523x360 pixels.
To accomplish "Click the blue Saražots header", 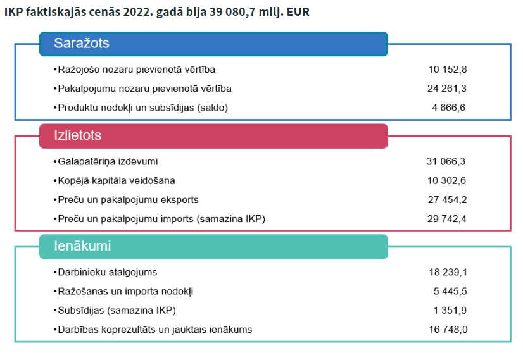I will (x=213, y=44).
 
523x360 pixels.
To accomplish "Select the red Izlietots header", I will (x=213, y=136).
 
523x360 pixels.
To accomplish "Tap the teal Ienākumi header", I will (x=213, y=246).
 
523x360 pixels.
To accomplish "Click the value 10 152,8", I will (x=448, y=70).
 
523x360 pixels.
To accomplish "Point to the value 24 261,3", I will (x=448, y=89).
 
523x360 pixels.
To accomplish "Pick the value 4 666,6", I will (x=449, y=108).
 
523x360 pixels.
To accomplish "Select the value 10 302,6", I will (x=448, y=181).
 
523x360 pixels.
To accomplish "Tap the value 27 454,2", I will (x=448, y=200).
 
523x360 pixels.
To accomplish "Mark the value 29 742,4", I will (x=448, y=219).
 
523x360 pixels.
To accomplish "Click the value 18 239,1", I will (x=448, y=272).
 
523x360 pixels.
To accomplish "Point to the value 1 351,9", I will (x=450, y=310).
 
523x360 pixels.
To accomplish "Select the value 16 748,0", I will (x=448, y=330).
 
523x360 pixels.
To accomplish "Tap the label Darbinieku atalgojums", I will (x=107, y=272).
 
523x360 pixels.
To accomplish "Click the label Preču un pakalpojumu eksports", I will (x=128, y=200).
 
